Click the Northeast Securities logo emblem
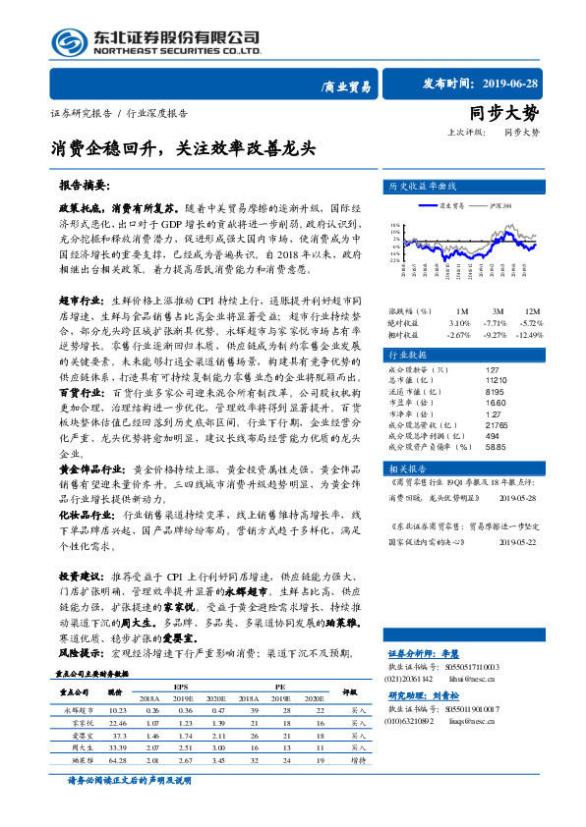click(67, 41)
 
